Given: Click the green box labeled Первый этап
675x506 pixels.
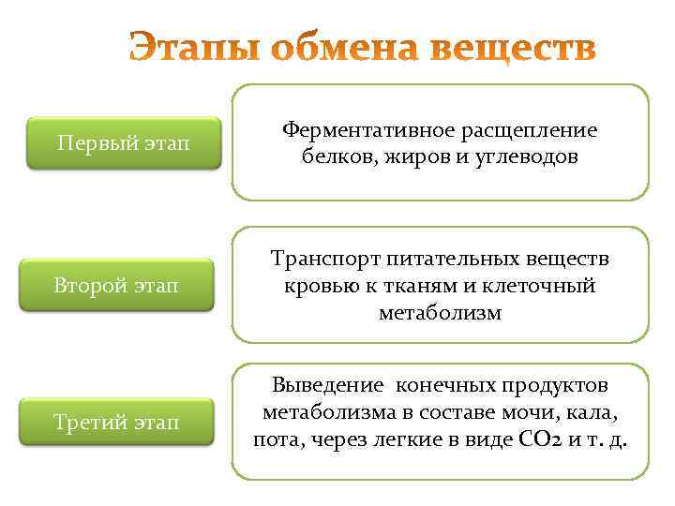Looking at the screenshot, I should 123,143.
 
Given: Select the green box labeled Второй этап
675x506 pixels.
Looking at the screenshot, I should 123,285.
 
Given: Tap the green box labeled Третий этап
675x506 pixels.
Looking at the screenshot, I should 123,423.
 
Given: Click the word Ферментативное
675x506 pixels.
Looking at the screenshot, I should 367,131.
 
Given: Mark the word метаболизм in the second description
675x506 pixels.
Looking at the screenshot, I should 440,312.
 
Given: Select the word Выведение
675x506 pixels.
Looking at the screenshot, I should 328,385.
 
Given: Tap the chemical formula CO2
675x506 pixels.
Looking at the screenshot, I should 539,439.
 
